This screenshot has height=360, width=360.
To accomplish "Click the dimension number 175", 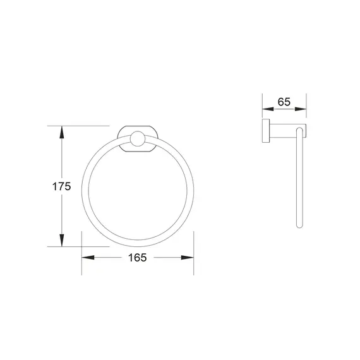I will click(x=61, y=187).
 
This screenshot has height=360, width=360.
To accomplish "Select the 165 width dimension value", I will click(x=137, y=257).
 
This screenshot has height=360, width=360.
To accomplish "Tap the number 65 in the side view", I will click(x=284, y=101).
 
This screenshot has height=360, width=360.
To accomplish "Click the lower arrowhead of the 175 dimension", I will click(x=61, y=241).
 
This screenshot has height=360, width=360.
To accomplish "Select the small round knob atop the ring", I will click(x=137, y=140).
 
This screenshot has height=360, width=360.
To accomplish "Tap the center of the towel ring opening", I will click(x=137, y=192).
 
